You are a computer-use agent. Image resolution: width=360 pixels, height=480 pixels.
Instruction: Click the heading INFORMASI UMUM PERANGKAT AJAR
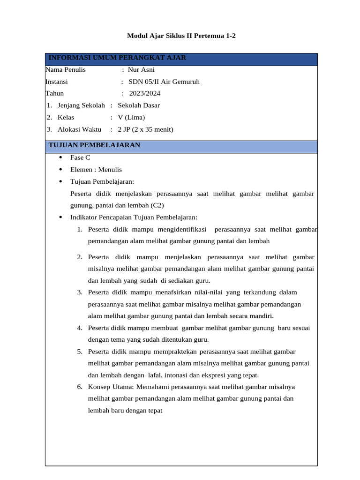117,58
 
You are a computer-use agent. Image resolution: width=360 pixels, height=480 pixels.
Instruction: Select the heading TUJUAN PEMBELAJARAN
94,145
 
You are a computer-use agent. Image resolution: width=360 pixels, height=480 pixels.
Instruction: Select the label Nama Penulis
65,70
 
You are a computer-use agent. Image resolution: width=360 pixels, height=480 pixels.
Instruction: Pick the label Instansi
57,82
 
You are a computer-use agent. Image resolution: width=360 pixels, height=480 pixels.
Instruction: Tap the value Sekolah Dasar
139,105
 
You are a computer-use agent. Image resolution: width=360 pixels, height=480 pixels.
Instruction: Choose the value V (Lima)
131,117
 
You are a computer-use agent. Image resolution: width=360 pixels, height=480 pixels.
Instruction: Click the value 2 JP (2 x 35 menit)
145,129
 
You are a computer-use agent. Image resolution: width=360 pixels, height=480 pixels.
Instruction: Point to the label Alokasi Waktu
79,129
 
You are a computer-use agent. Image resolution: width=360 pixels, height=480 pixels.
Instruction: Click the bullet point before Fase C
60,158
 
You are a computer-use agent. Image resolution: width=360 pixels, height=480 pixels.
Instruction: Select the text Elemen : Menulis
96,170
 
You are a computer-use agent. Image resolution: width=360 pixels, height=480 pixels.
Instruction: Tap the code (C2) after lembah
157,205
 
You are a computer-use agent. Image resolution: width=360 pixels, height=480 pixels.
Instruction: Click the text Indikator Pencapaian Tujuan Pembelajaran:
134,217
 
